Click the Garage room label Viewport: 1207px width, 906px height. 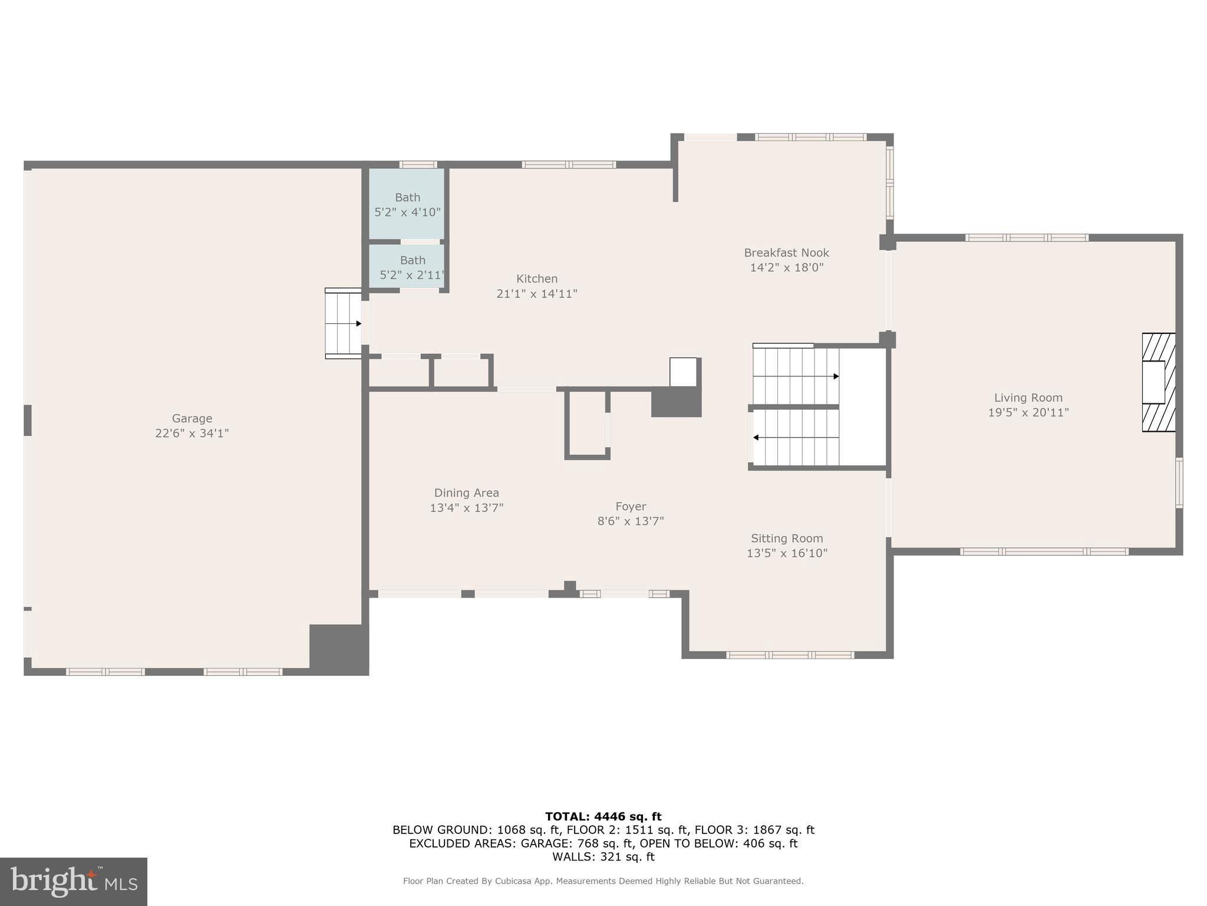[192, 419]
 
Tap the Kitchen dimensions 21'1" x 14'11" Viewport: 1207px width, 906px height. [536, 294]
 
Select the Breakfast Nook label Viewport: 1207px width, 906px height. [786, 253]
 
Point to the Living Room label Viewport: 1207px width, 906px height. [1028, 398]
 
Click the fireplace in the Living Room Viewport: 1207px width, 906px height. [1157, 382]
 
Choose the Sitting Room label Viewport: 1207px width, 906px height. [787, 539]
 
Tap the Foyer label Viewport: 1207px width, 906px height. [631, 507]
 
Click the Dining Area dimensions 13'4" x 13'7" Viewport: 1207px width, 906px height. [466, 508]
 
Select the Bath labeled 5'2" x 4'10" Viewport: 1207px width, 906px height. [407, 204]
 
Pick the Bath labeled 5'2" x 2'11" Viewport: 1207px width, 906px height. [412, 267]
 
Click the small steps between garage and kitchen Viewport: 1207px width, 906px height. [343, 324]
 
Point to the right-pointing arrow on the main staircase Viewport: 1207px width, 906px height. [836, 376]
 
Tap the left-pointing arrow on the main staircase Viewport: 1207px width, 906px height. [756, 438]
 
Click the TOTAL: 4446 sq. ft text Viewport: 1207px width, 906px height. [603, 816]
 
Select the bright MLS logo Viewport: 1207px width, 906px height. [73, 882]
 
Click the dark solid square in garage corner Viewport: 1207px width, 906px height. [338, 649]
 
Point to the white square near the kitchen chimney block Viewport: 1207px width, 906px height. [683, 372]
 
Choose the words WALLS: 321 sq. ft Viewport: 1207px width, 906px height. [603, 856]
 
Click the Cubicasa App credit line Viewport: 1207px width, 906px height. [603, 881]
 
